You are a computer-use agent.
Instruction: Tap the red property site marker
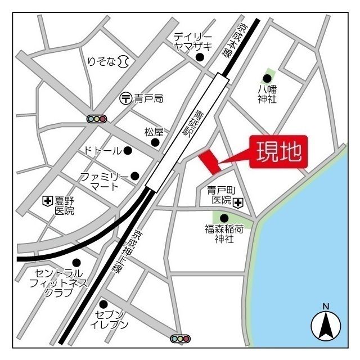[x=210, y=161]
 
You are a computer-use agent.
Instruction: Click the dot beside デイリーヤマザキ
[x=199, y=57]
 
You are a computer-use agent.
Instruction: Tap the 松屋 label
[x=154, y=132]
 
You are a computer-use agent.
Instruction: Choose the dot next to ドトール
[x=128, y=150]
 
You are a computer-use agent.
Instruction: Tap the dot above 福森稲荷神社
[x=224, y=218]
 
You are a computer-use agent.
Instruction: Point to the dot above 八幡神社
[x=268, y=78]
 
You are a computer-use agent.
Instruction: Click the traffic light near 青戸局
[x=97, y=119]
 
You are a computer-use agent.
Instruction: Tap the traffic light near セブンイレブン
[x=180, y=339]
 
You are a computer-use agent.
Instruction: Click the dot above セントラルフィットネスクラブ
[x=76, y=262]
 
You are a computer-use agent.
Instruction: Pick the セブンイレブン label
[x=112, y=319]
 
